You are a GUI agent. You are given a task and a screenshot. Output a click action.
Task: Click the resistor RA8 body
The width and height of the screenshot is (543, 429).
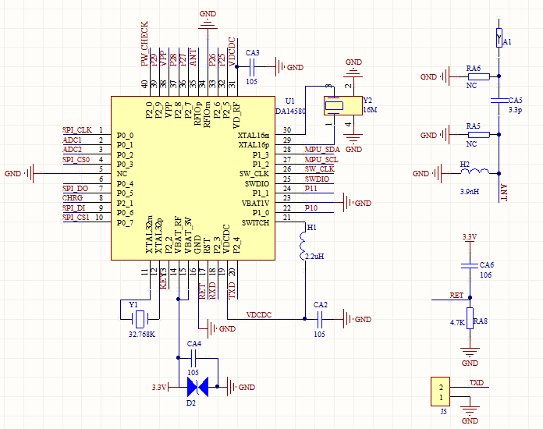469,321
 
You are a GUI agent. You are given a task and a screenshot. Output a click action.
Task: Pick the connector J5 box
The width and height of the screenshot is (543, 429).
441,392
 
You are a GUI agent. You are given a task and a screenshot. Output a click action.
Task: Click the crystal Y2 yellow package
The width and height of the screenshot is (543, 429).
337,106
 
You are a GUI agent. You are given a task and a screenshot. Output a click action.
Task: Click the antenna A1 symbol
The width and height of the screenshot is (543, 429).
499,36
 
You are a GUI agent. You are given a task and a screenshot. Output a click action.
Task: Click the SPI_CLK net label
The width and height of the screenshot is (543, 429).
77,129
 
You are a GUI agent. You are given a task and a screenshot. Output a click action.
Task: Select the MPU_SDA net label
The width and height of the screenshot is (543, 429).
322,149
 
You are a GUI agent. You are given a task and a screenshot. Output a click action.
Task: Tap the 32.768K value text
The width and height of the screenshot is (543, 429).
141,334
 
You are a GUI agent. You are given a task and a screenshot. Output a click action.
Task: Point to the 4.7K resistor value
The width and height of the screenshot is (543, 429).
458,321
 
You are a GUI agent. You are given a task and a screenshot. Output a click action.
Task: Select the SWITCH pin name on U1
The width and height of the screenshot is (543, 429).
256,222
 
